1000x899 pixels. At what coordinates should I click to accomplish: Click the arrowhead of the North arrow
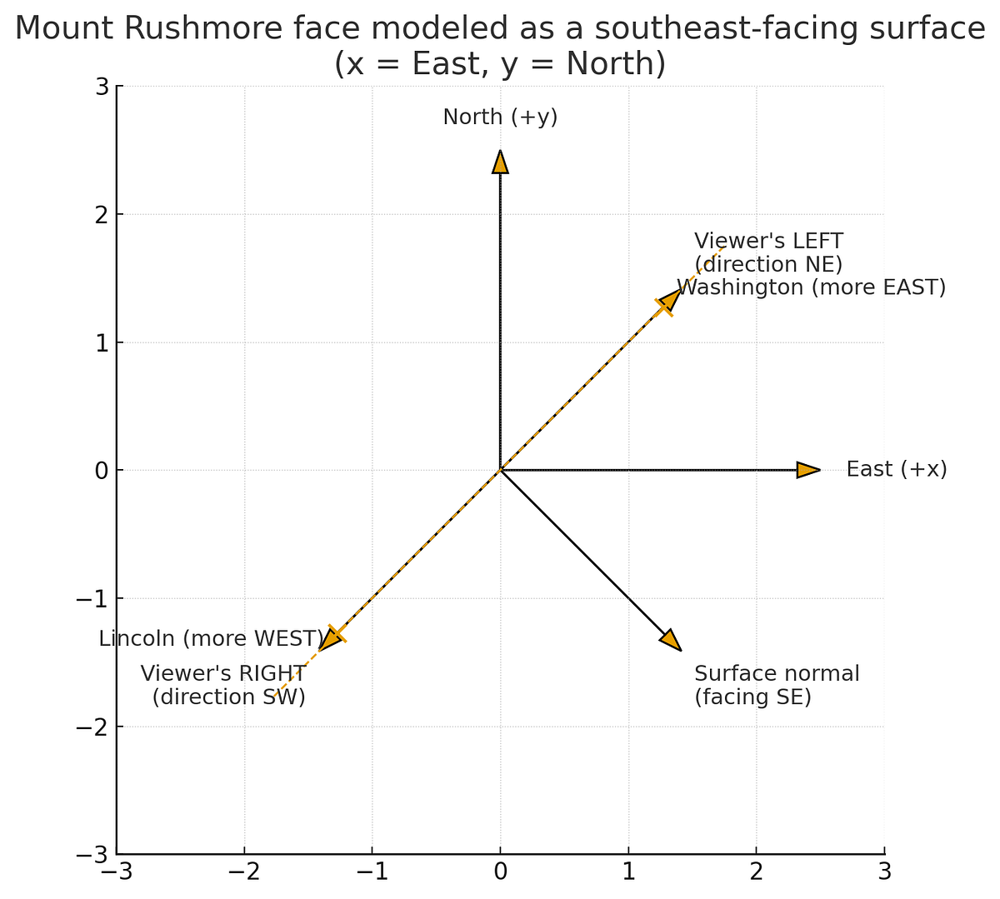tap(500, 162)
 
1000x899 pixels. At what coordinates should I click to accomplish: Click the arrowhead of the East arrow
tap(807, 470)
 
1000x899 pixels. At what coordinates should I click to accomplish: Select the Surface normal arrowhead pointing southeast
tap(671, 640)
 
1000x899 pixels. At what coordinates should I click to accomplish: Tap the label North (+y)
tap(500, 117)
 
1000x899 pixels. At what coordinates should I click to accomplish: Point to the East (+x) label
tap(897, 470)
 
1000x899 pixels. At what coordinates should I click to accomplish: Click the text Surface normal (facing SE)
tap(776, 685)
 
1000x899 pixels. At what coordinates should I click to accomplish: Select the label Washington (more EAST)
tap(811, 287)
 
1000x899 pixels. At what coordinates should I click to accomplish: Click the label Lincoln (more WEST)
tap(210, 639)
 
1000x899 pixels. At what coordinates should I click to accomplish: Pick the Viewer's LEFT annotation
tap(768, 252)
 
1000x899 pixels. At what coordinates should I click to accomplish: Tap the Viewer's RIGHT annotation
tap(223, 685)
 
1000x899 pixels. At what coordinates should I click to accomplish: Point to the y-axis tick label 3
tap(101, 87)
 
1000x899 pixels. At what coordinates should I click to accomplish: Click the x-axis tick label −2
tap(244, 872)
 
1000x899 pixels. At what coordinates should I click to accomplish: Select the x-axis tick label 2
tap(756, 872)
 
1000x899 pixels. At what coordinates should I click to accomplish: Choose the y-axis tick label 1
tap(101, 342)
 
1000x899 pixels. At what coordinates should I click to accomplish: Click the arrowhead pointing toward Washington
tap(670, 299)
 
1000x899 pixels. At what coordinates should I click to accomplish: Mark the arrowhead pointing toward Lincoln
tap(331, 639)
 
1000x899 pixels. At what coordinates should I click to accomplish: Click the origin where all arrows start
tap(500, 470)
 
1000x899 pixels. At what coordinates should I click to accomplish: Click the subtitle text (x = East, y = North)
tap(500, 65)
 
